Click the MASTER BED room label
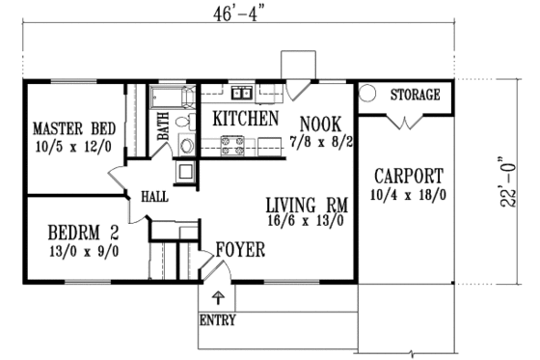click(x=68, y=127)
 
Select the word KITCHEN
click(x=246, y=120)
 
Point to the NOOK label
click(x=319, y=123)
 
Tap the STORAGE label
click(x=416, y=96)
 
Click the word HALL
click(x=155, y=196)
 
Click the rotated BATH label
click(x=163, y=127)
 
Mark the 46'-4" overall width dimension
click(x=234, y=13)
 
